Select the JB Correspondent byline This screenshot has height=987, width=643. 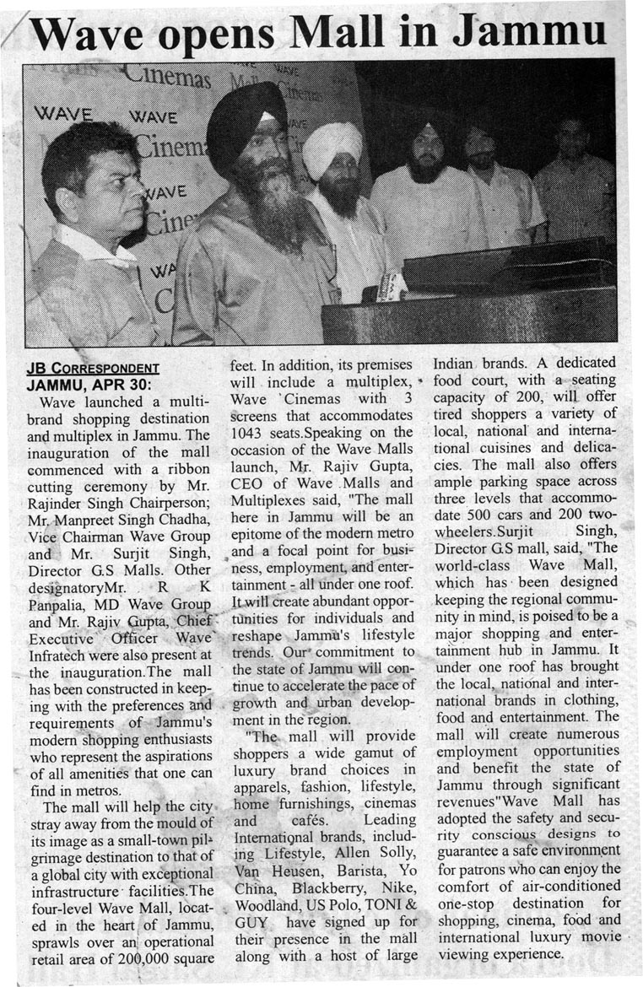click(93, 368)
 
